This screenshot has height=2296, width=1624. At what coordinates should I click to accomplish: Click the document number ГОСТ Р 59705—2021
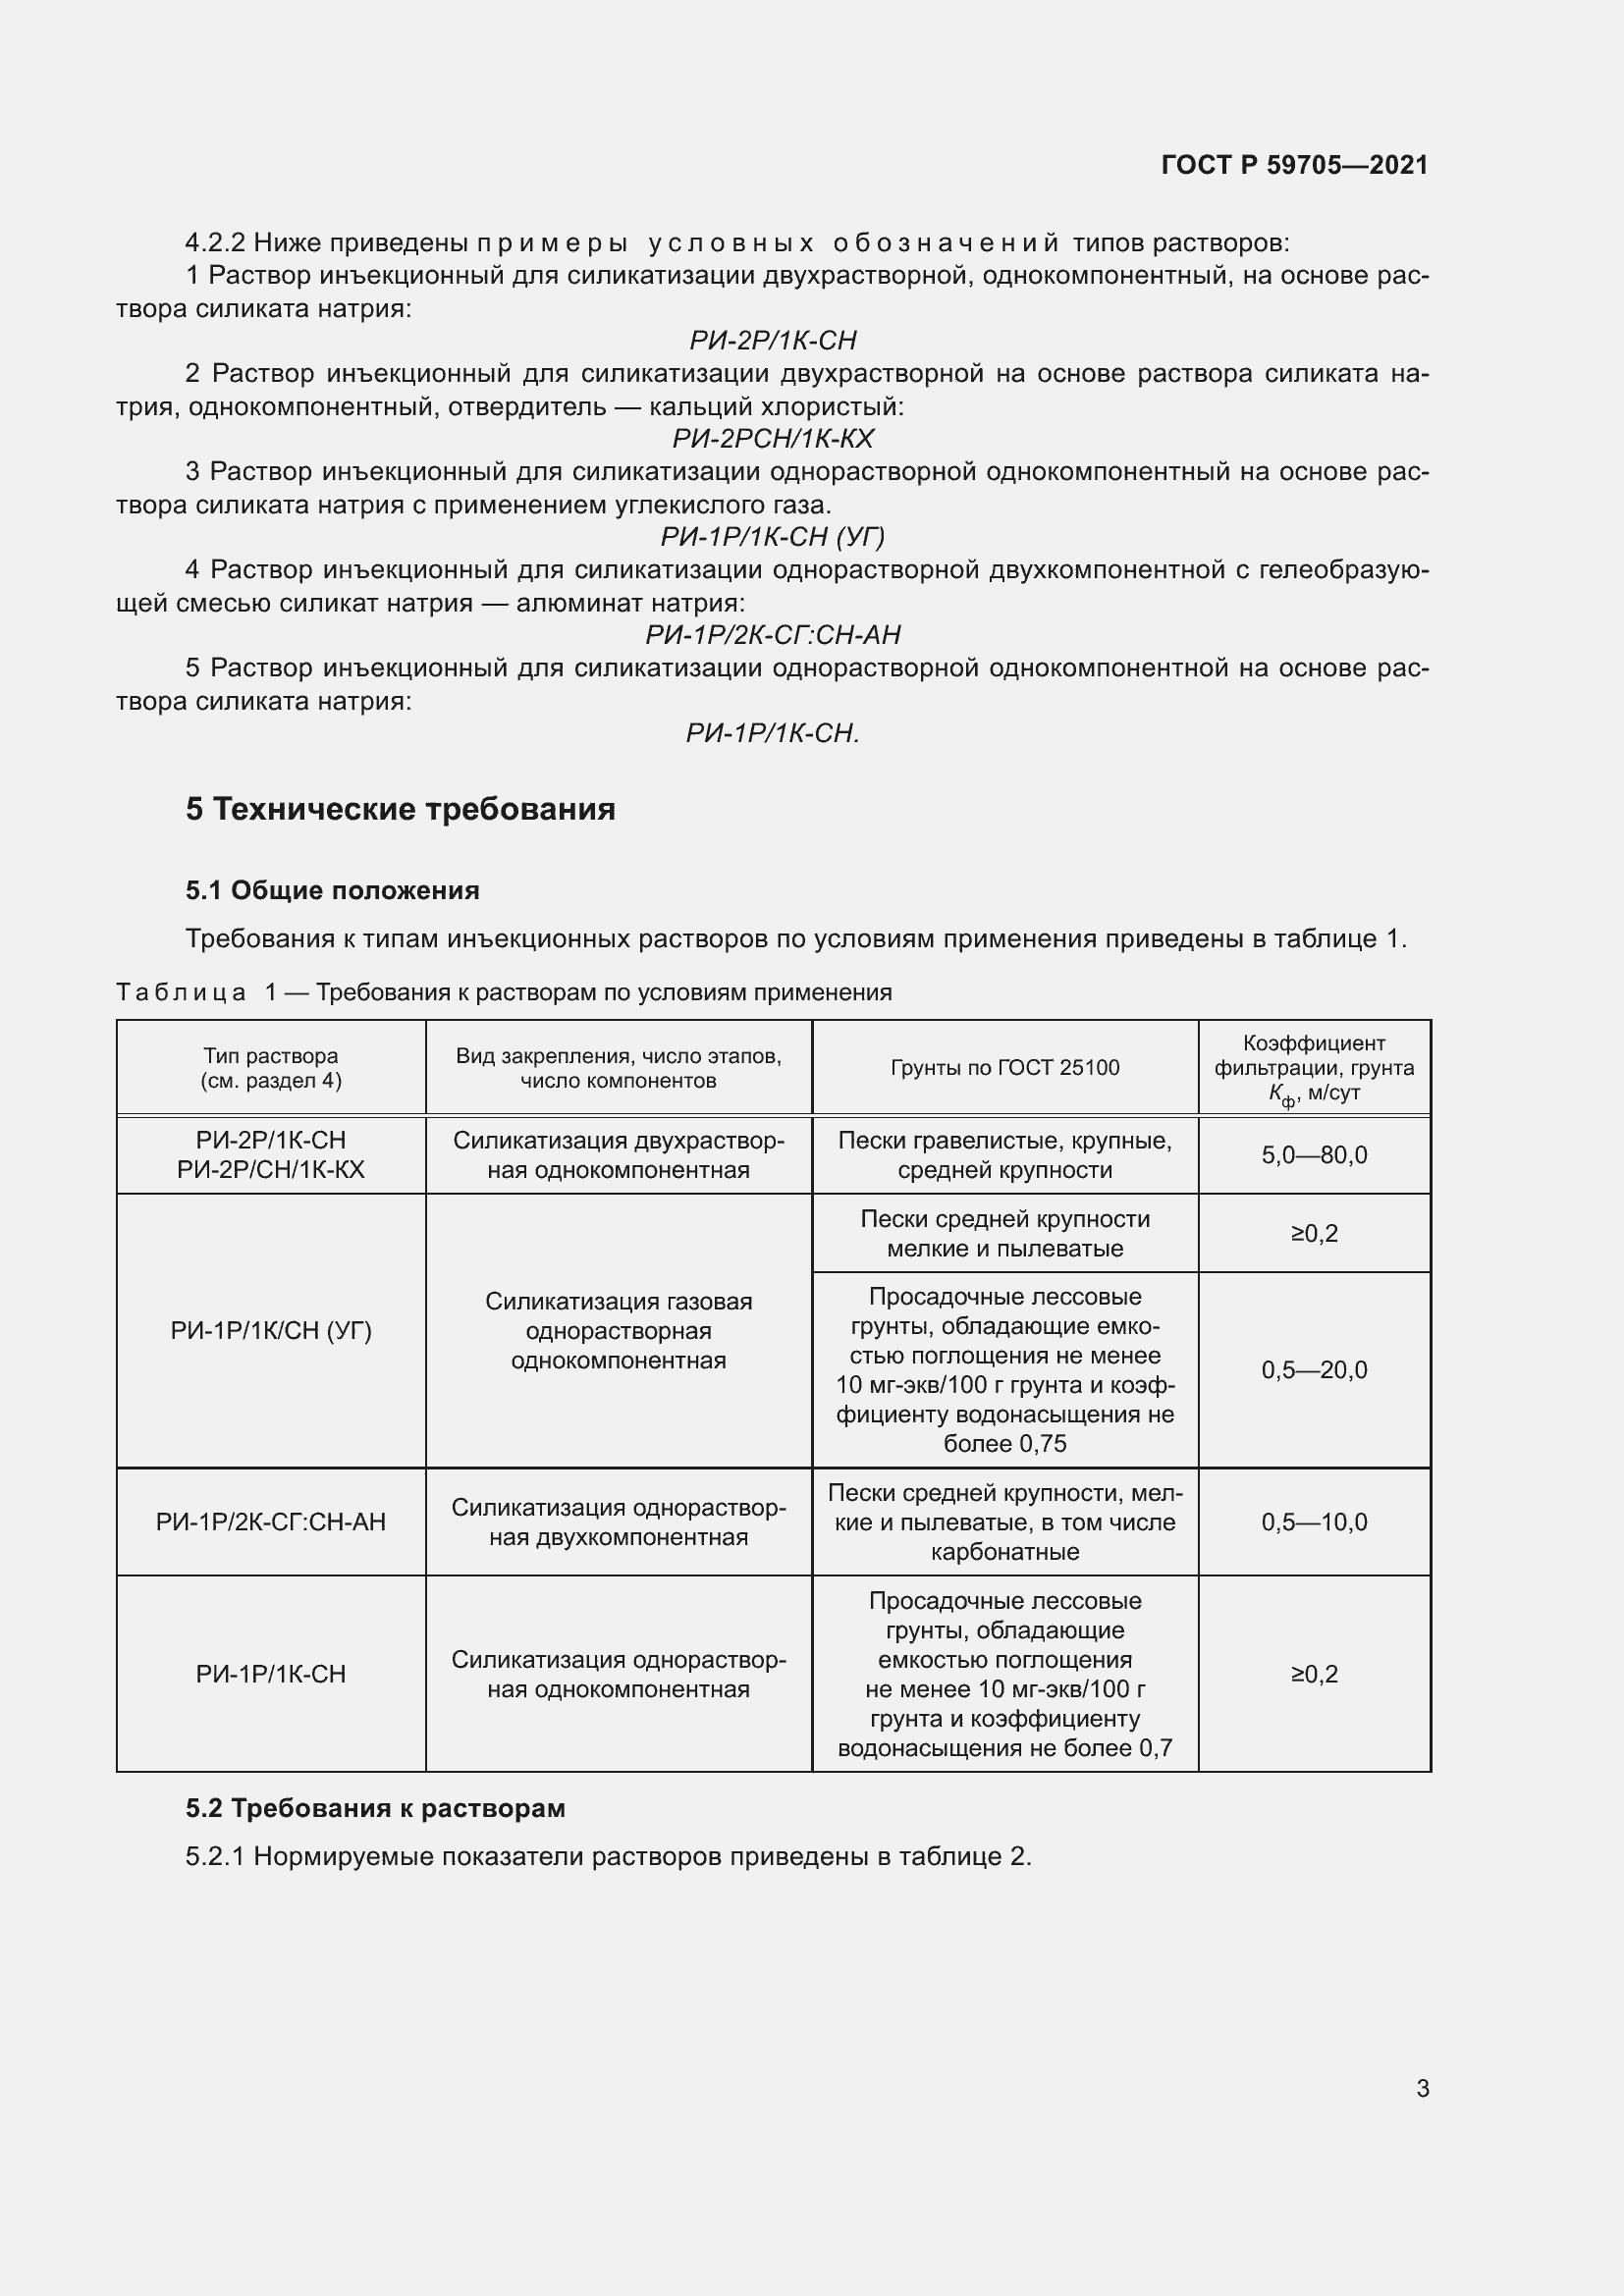[x=1294, y=165]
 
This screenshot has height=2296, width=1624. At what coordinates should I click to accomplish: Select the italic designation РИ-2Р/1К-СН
[x=773, y=341]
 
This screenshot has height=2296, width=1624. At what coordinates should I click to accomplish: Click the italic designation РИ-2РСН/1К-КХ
[x=773, y=439]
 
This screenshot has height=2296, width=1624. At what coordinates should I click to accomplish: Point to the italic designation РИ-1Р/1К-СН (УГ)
[x=773, y=537]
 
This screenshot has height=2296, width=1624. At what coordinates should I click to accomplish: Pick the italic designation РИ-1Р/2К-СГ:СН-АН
[x=773, y=635]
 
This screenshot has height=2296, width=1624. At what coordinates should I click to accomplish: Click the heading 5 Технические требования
[x=400, y=809]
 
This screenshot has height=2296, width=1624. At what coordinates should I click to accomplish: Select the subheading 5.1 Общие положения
[x=332, y=890]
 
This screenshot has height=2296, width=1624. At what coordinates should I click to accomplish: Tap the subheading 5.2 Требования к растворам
[x=375, y=1808]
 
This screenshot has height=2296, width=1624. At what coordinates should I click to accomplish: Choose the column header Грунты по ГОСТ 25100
[x=1005, y=1068]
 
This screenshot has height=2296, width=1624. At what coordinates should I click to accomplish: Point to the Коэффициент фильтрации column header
[x=1314, y=1068]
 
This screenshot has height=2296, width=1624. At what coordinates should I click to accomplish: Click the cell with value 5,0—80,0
[x=1314, y=1155]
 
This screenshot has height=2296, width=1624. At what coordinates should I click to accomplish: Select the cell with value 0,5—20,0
[x=1314, y=1370]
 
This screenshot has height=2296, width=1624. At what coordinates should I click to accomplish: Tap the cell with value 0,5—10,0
[x=1314, y=1522]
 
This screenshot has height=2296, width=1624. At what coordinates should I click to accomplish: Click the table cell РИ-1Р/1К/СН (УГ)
[x=271, y=1331]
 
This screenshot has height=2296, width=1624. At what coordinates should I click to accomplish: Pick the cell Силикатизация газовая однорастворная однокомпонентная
[x=618, y=1331]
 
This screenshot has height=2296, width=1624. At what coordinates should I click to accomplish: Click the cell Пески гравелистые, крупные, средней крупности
[x=1005, y=1155]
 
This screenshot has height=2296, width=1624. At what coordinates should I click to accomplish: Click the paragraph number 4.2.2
[x=215, y=243]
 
